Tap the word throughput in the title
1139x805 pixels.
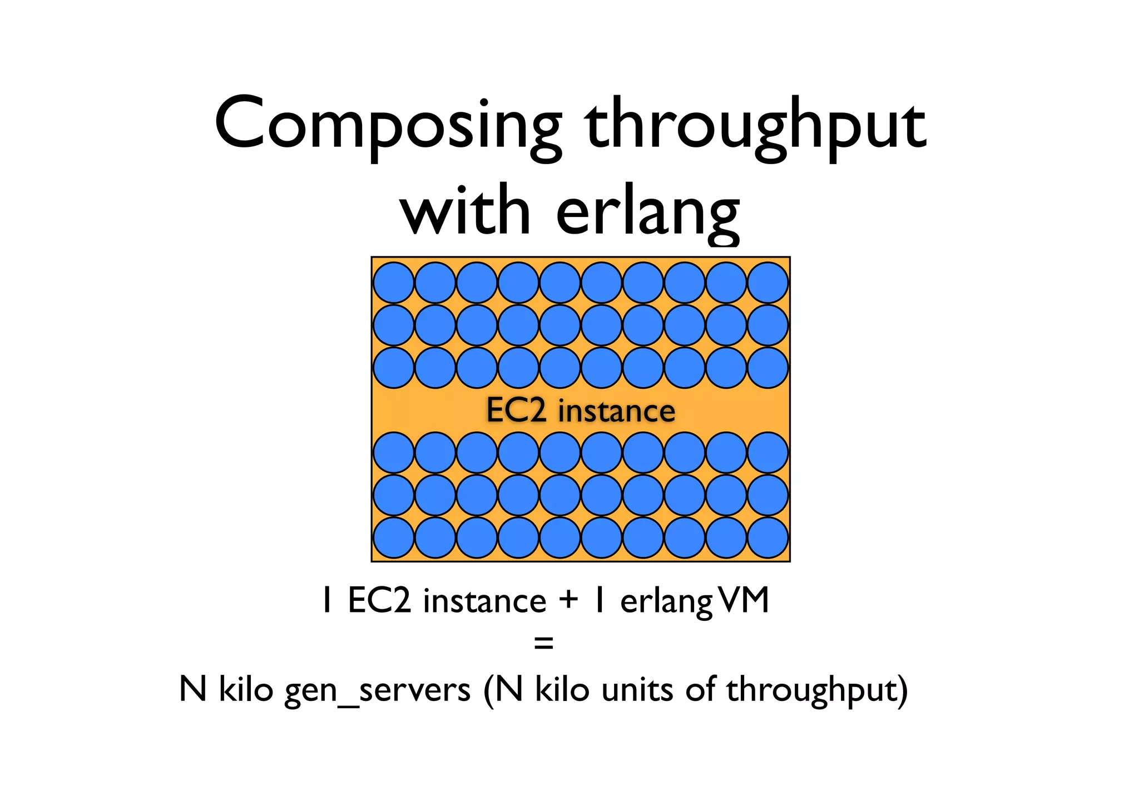756,125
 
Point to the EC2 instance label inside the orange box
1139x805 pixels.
581,411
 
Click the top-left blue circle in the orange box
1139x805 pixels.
394,283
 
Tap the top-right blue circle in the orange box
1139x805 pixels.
768,283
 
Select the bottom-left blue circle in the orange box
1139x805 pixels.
394,537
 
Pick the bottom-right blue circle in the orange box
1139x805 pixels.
768,537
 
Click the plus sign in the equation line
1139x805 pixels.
568,600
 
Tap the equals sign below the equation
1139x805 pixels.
543,644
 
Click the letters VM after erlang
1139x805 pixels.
743,600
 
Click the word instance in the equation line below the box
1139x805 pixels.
484,601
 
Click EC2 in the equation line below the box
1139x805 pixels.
379,601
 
